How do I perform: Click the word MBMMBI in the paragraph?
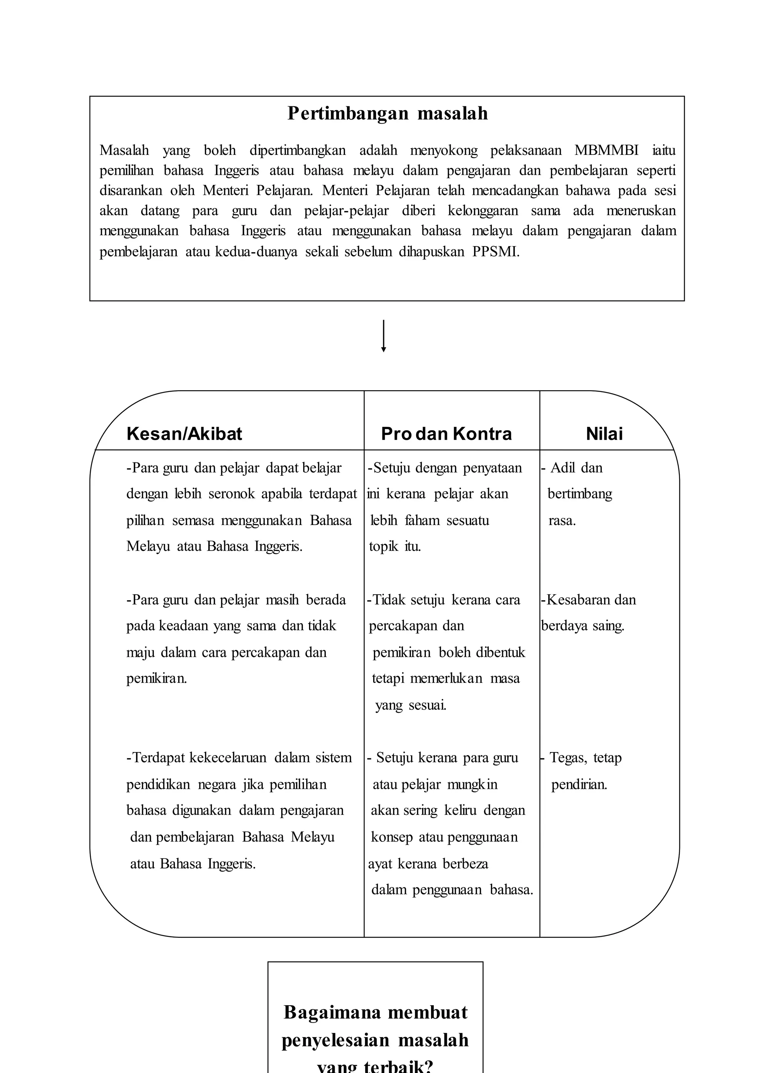(606, 150)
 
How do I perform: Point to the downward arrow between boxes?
(383, 336)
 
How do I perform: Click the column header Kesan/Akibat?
(184, 434)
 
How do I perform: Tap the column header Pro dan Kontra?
(446, 434)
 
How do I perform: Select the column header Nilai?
(604, 434)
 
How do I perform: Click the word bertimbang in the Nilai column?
(580, 494)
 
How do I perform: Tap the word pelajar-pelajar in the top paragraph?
(346, 211)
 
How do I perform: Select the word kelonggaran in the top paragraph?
(483, 211)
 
